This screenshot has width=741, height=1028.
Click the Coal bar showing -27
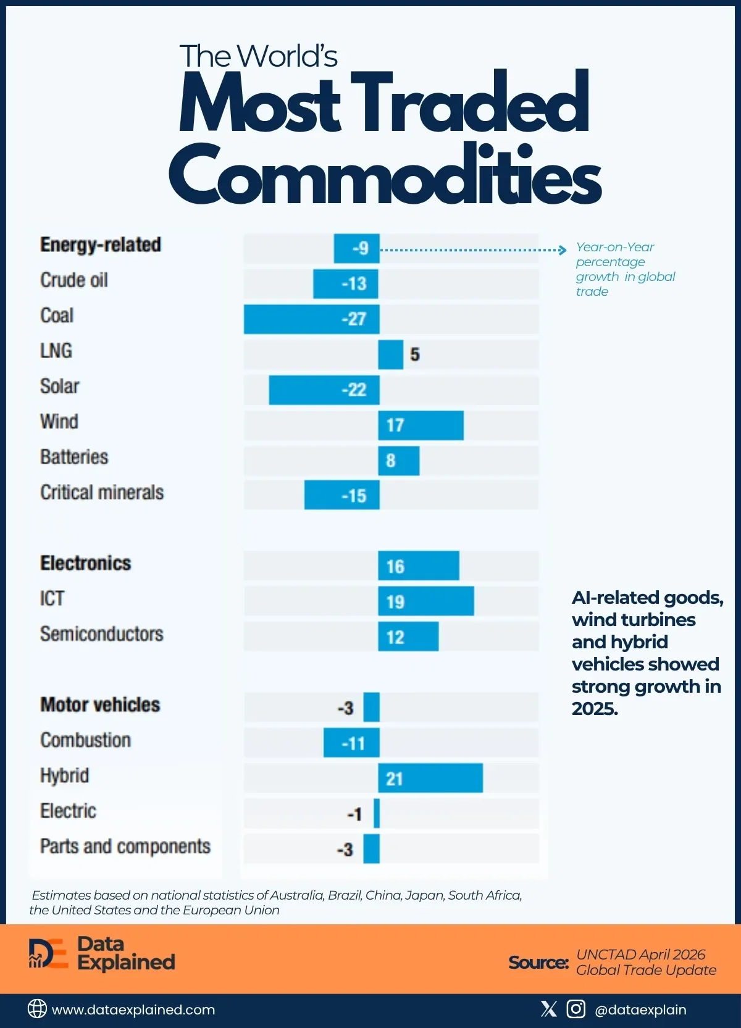pos(312,319)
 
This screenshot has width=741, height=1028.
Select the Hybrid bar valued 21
pos(430,778)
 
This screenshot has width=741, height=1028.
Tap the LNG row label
pos(56,351)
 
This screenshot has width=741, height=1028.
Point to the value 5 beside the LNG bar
pos(414,354)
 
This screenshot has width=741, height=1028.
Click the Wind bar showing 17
pos(421,425)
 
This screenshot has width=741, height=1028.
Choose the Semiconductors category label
pos(102,634)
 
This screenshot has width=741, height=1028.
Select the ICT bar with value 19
pos(426,601)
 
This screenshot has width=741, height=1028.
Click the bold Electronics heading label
pos(86,563)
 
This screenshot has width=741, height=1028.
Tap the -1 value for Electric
pos(354,814)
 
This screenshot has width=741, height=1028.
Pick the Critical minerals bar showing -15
pos(341,495)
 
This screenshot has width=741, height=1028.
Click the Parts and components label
pos(125,846)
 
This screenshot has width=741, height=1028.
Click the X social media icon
pos(548,1009)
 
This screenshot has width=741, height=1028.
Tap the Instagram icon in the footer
pos(576,1009)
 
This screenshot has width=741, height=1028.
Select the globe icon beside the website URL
pos(37,1009)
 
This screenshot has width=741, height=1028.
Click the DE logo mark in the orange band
pos(48,954)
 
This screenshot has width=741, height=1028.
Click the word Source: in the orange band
pos(538,962)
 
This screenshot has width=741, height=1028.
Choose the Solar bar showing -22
pos(324,390)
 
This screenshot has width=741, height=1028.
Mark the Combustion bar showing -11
pos(351,743)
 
